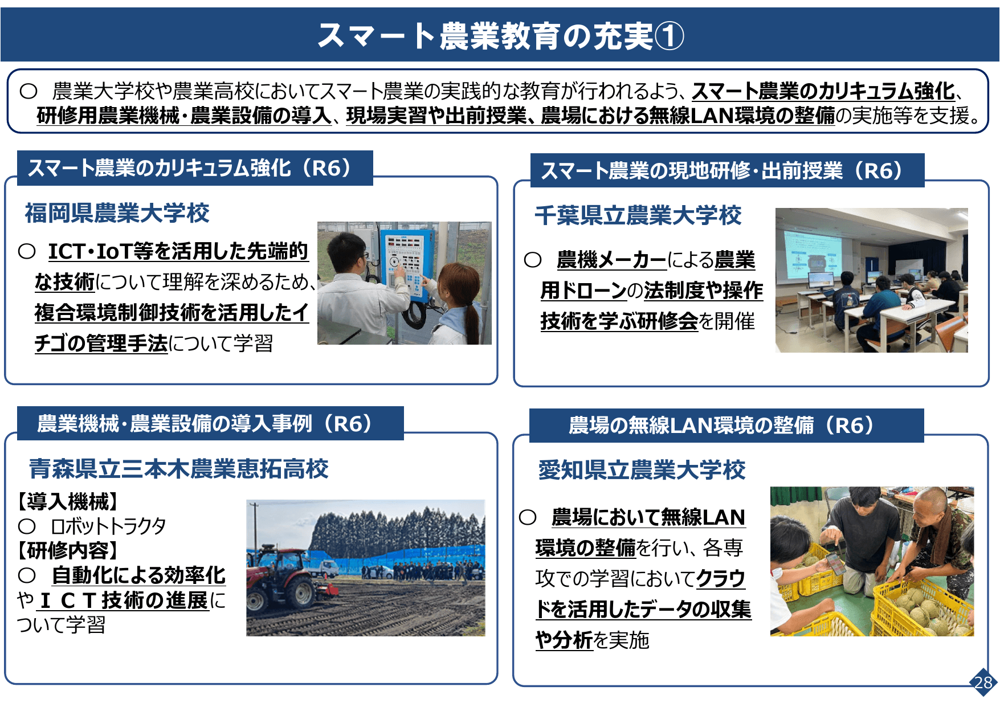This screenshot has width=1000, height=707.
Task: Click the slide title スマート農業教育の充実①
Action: (x=500, y=35)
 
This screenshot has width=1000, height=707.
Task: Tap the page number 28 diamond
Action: (x=983, y=682)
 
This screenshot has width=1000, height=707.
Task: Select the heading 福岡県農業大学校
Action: (x=117, y=213)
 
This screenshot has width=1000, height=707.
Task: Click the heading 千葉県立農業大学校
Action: (x=638, y=215)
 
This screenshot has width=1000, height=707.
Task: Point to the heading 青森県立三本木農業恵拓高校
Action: (x=178, y=469)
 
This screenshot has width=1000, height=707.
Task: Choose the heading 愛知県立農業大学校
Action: (x=642, y=470)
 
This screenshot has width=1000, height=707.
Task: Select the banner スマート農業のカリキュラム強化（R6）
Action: (x=194, y=169)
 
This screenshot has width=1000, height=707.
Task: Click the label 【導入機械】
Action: (x=68, y=502)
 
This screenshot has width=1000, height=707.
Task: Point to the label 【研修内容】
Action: (x=68, y=550)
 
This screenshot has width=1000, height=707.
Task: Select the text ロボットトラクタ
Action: (x=108, y=526)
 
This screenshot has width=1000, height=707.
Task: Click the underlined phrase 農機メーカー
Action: (x=611, y=260)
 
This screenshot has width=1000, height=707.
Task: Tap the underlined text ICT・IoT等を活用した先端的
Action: (x=178, y=251)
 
